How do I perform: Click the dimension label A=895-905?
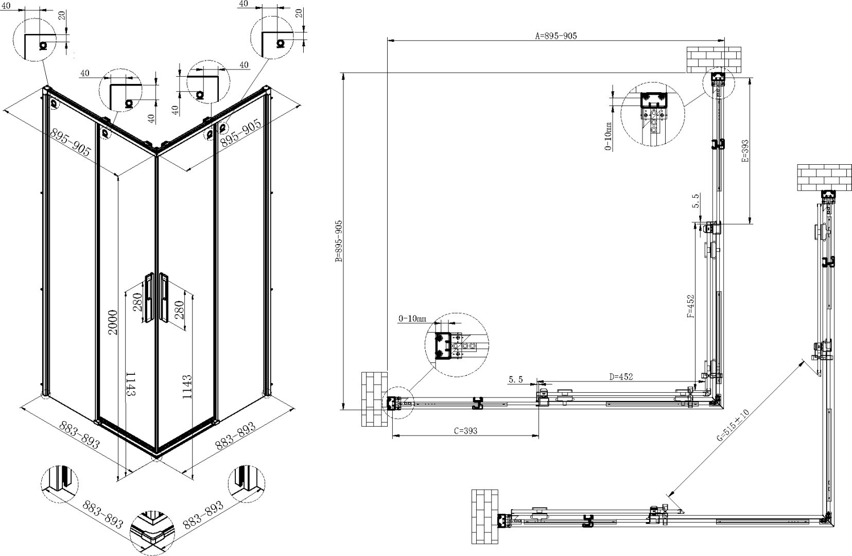[555, 36]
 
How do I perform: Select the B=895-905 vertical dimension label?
[339, 241]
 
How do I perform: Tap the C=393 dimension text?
[465, 431]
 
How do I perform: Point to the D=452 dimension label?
[621, 377]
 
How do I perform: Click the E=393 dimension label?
[745, 151]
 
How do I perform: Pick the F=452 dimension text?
[690, 306]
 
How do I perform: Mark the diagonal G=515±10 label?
[733, 425]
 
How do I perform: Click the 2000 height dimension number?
[113, 322]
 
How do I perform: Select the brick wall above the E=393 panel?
[714, 60]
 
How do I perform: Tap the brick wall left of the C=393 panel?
[374, 399]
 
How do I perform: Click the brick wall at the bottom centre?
[485, 516]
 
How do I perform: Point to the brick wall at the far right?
[824, 178]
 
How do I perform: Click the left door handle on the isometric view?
[149, 298]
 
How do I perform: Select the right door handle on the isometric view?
[164, 298]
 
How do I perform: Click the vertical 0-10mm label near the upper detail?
[608, 136]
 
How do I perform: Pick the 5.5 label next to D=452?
[516, 379]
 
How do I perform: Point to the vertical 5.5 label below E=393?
[695, 200]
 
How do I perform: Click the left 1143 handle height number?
[130, 384]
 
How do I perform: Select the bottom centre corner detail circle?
[152, 533]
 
